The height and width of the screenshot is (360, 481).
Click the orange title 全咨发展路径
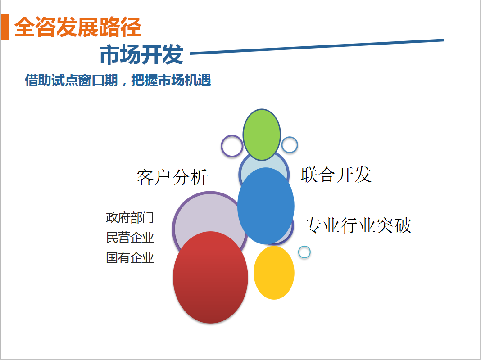[77, 27]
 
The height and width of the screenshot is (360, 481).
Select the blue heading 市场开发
[141, 54]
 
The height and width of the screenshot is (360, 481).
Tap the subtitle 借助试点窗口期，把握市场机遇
[118, 80]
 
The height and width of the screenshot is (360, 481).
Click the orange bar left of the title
[5, 27]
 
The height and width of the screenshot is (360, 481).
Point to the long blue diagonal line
[317, 46]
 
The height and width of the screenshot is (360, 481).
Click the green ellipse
[262, 135]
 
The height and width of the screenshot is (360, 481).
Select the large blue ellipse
[266, 206]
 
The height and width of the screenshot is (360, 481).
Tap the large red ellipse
[210, 277]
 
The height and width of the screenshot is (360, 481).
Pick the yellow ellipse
[274, 273]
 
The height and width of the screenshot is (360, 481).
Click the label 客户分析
[172, 177]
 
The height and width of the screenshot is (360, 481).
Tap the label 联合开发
[336, 175]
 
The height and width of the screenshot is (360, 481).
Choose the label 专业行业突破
[358, 225]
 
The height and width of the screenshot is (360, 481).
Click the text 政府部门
[130, 218]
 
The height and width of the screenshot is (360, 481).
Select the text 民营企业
[130, 238]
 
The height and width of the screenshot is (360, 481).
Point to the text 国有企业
[130, 258]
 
